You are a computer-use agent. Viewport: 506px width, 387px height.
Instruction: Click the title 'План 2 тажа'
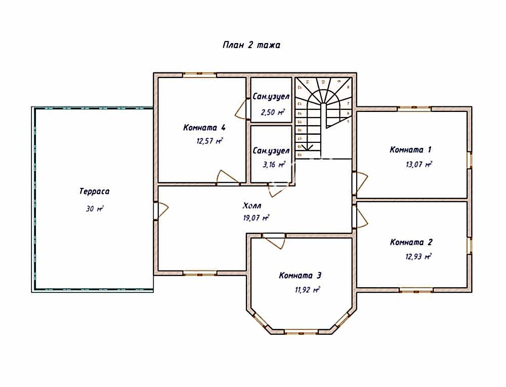point(251,45)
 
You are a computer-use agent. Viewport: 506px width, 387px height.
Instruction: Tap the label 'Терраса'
point(94,191)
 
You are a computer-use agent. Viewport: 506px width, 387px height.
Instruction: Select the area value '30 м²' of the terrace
point(94,209)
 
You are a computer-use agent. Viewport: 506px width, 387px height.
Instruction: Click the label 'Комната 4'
point(204,127)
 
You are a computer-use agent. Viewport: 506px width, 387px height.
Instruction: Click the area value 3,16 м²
point(273,164)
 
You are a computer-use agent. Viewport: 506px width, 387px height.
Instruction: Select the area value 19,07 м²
point(256,218)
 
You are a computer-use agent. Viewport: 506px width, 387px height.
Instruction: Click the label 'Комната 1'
point(410,150)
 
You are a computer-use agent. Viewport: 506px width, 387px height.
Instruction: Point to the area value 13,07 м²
point(418,164)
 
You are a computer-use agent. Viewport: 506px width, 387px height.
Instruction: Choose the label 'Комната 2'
point(411,242)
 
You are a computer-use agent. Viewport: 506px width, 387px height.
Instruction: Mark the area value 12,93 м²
point(418,256)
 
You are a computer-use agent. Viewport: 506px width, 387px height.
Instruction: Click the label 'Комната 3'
point(300,276)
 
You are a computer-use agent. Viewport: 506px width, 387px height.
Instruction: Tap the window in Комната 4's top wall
point(200,75)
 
